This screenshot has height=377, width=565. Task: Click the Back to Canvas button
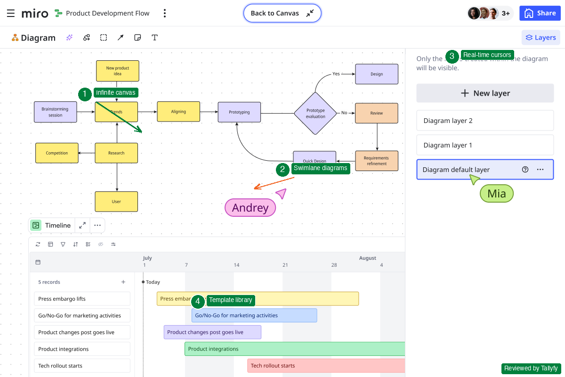pyautogui.click(x=282, y=13)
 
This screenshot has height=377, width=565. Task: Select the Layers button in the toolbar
pyautogui.click(x=541, y=38)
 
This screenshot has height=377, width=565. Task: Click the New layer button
pyautogui.click(x=485, y=93)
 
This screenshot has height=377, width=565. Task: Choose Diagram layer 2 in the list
pyautogui.click(x=485, y=121)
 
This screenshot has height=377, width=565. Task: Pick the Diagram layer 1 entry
pyautogui.click(x=485, y=145)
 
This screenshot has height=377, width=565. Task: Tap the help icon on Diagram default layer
pyautogui.click(x=525, y=170)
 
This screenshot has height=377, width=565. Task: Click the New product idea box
pyautogui.click(x=117, y=71)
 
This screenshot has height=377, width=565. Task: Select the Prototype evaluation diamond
pyautogui.click(x=315, y=113)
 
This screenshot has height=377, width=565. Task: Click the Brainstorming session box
pyautogui.click(x=55, y=112)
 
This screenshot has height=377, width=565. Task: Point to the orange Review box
pyautogui.click(x=376, y=113)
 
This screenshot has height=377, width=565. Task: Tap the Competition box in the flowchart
pyautogui.click(x=57, y=153)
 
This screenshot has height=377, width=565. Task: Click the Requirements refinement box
pyautogui.click(x=376, y=161)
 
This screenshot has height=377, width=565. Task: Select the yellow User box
pyautogui.click(x=116, y=202)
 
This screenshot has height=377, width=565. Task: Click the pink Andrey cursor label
pyautogui.click(x=250, y=208)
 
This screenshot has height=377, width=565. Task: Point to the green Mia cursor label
pyautogui.click(x=496, y=194)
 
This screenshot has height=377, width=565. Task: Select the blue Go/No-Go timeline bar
pyautogui.click(x=254, y=315)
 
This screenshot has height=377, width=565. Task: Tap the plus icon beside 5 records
pyautogui.click(x=123, y=282)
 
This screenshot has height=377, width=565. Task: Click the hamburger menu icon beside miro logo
pyautogui.click(x=11, y=13)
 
